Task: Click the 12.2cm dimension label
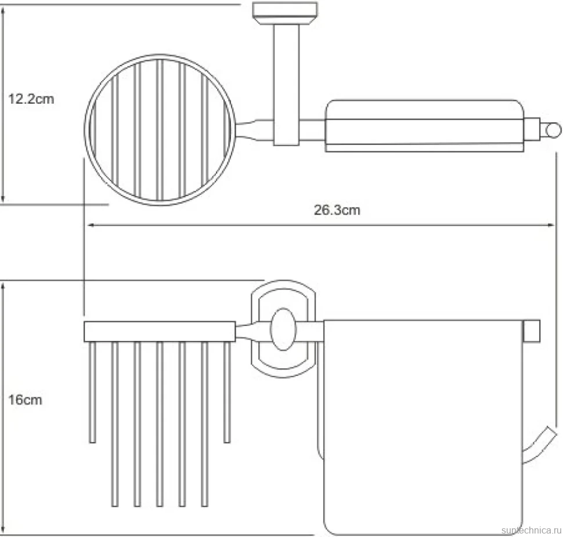point(31,99)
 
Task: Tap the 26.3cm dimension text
point(337,210)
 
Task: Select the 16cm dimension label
point(25,400)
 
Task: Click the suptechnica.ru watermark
point(531,530)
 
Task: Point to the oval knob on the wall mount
point(283,329)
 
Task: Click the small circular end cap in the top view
point(553,130)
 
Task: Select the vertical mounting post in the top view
point(286,84)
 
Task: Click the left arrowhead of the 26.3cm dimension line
point(91,225)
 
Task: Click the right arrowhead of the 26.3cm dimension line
point(550,225)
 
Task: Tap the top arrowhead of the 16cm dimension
point(3,287)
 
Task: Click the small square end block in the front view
point(532,331)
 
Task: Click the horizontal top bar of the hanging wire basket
point(160,332)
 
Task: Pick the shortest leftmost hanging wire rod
point(92,392)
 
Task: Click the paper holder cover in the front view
point(423,427)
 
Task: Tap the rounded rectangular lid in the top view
point(424,125)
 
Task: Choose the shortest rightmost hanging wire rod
point(227,392)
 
